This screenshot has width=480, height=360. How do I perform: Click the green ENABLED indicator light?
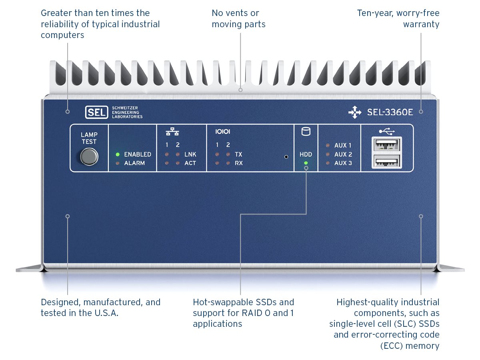(x=118, y=154)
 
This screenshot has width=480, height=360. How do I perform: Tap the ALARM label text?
(x=134, y=163)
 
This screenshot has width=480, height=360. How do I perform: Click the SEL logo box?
(x=96, y=112)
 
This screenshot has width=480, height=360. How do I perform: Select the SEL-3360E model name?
(x=390, y=112)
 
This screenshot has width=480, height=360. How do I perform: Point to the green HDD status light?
(x=306, y=163)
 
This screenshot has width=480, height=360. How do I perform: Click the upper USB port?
(x=387, y=144)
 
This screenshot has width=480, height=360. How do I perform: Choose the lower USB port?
(x=387, y=161)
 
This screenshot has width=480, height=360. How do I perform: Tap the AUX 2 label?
(x=343, y=154)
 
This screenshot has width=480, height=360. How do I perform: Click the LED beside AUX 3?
(x=328, y=163)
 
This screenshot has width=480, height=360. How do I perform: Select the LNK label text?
(x=190, y=154)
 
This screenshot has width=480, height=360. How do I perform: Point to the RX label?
(x=239, y=163)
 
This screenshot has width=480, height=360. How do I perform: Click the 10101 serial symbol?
(x=223, y=131)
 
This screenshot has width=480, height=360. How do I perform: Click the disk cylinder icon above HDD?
(x=306, y=132)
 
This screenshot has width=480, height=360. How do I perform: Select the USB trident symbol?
(x=387, y=130)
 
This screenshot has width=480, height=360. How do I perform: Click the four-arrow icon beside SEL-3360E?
(x=354, y=113)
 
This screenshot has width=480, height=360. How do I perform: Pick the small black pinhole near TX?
(x=286, y=157)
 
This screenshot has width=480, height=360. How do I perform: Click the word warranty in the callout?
(x=421, y=24)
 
